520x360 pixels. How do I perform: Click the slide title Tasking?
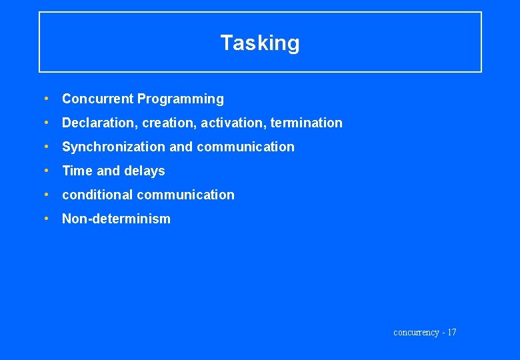click(x=260, y=43)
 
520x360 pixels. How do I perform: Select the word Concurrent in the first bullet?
click(x=98, y=99)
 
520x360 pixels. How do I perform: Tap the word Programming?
click(x=181, y=99)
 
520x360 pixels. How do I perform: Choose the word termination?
click(x=307, y=123)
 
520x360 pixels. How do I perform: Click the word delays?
click(x=145, y=171)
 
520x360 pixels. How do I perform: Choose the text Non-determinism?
click(x=116, y=219)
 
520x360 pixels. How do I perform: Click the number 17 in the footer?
click(x=451, y=332)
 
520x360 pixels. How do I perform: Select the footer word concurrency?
click(x=416, y=332)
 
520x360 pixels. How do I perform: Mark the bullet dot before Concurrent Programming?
click(x=45, y=99)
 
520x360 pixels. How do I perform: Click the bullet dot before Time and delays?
click(x=45, y=171)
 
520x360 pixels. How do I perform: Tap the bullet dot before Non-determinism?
click(x=45, y=219)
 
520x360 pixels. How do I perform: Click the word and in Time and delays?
click(x=108, y=171)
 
